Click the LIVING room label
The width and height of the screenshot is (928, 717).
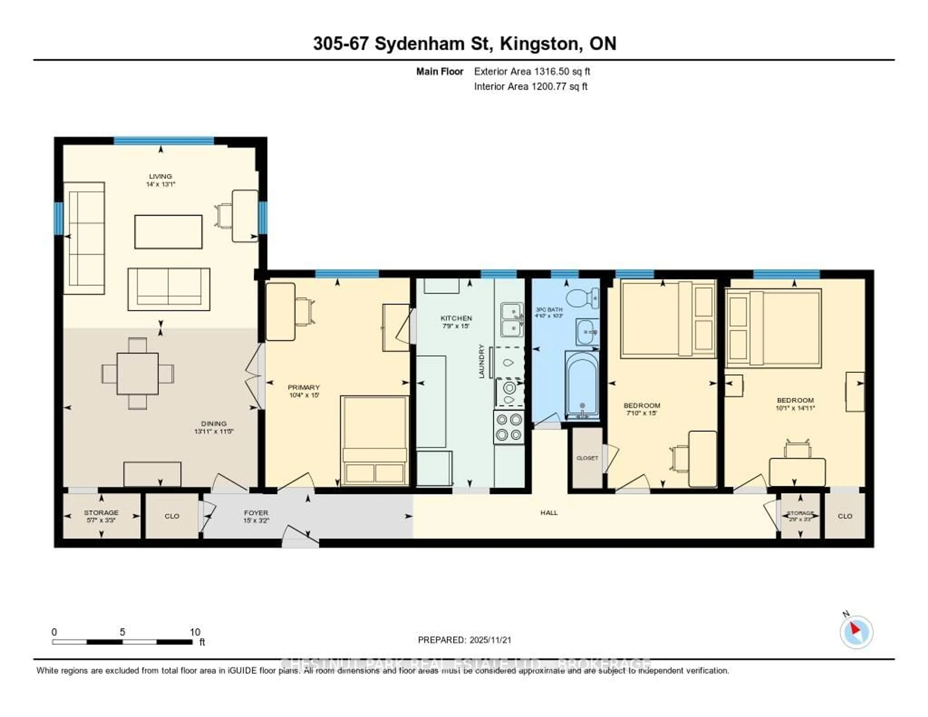pyautogui.click(x=160, y=176)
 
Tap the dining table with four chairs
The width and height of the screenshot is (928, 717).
pyautogui.click(x=138, y=373)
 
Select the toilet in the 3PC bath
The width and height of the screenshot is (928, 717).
pyautogui.click(x=583, y=298)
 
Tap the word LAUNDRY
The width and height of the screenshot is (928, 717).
pyautogui.click(x=481, y=361)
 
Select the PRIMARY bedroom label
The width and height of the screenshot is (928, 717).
pyautogui.click(x=303, y=387)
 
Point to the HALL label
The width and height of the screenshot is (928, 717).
pyautogui.click(x=549, y=512)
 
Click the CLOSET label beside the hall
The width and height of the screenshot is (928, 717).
pyautogui.click(x=587, y=458)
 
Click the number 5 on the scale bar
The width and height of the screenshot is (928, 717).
pyautogui.click(x=122, y=632)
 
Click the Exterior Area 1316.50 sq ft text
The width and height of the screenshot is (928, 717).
pyautogui.click(x=532, y=71)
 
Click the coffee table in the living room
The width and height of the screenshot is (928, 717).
pyautogui.click(x=168, y=232)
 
